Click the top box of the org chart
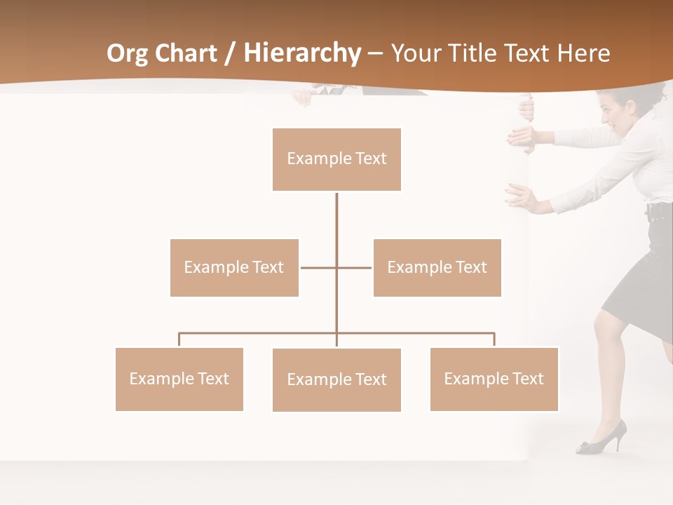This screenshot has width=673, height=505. (x=336, y=159)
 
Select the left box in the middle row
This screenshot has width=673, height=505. (x=234, y=267)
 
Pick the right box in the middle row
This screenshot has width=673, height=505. (x=437, y=267)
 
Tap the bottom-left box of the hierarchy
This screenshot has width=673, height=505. (x=179, y=379)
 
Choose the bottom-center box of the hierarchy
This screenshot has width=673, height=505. (x=336, y=379)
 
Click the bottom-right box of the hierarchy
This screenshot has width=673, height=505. (x=494, y=379)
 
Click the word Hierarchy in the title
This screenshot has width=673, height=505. (x=302, y=53)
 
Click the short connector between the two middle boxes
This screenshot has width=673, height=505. (x=336, y=267)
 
